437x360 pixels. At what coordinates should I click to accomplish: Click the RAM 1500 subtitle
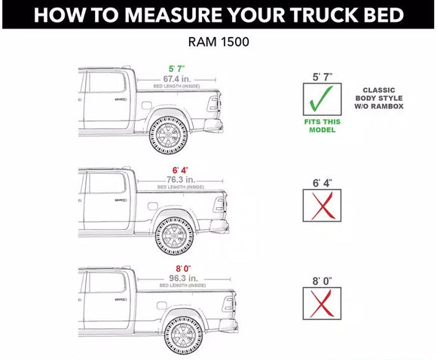click(218, 42)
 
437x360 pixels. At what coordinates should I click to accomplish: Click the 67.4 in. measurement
click(179, 78)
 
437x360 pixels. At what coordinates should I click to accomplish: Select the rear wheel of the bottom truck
click(184, 337)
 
